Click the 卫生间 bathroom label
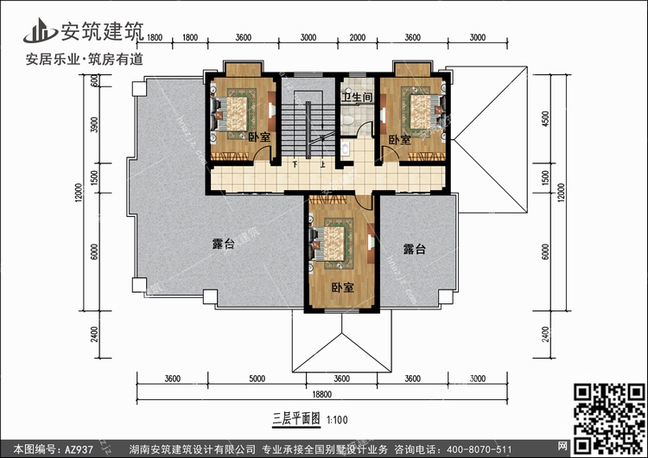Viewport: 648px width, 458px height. click(x=356, y=98)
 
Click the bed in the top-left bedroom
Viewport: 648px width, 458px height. click(x=235, y=112)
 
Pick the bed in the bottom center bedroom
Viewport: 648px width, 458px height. click(x=336, y=241)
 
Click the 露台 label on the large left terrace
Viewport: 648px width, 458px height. click(x=223, y=245)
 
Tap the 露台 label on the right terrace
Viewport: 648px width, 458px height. click(x=414, y=250)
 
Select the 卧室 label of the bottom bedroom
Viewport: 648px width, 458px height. click(x=342, y=287)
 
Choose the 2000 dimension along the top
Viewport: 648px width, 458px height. click(x=357, y=38)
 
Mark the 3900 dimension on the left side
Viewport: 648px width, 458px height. click(x=94, y=126)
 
